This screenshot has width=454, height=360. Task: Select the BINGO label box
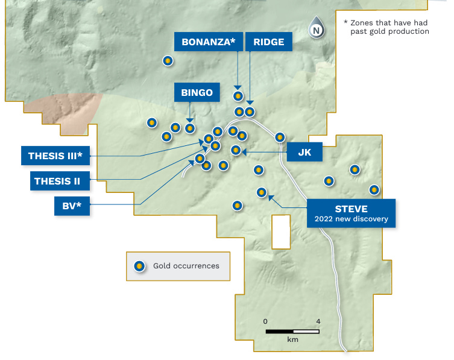pyautogui.click(x=197, y=92)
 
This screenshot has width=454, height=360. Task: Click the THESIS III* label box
pyautogui.click(x=55, y=156)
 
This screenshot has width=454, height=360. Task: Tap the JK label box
pyautogui.click(x=304, y=153)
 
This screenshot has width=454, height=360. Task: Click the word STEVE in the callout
pyautogui.click(x=351, y=209)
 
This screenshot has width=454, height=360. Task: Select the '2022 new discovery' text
pyautogui.click(x=351, y=219)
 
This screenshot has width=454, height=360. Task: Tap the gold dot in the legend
pyautogui.click(x=139, y=266)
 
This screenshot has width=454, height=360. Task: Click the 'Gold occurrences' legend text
pyautogui.click(x=186, y=266)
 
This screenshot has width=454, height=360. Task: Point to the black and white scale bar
pyautogui.click(x=293, y=331)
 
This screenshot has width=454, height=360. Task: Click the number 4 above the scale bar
pyautogui.click(x=318, y=321)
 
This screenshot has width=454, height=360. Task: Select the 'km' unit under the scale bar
pyautogui.click(x=293, y=340)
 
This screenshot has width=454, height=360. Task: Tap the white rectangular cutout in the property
pyautogui.click(x=280, y=231)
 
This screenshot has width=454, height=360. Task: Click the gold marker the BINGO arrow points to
pyautogui.click(x=190, y=128)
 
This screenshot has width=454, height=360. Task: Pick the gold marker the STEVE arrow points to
pyautogui.click(x=262, y=192)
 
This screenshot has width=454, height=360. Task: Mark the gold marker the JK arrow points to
pyautogui.click(x=236, y=150)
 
